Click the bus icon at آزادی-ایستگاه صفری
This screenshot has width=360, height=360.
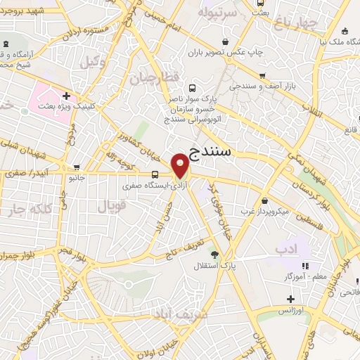coord(155,174)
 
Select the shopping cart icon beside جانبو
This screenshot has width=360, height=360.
coord(76,167)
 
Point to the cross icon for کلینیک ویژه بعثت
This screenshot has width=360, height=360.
coord(66,96)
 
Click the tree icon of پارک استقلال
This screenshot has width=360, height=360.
coord(214,255)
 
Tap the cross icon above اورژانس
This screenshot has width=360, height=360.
coord(290,299)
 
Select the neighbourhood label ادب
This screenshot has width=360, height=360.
coord(286,249)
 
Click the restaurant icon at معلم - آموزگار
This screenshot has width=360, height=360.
coord(305,266)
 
